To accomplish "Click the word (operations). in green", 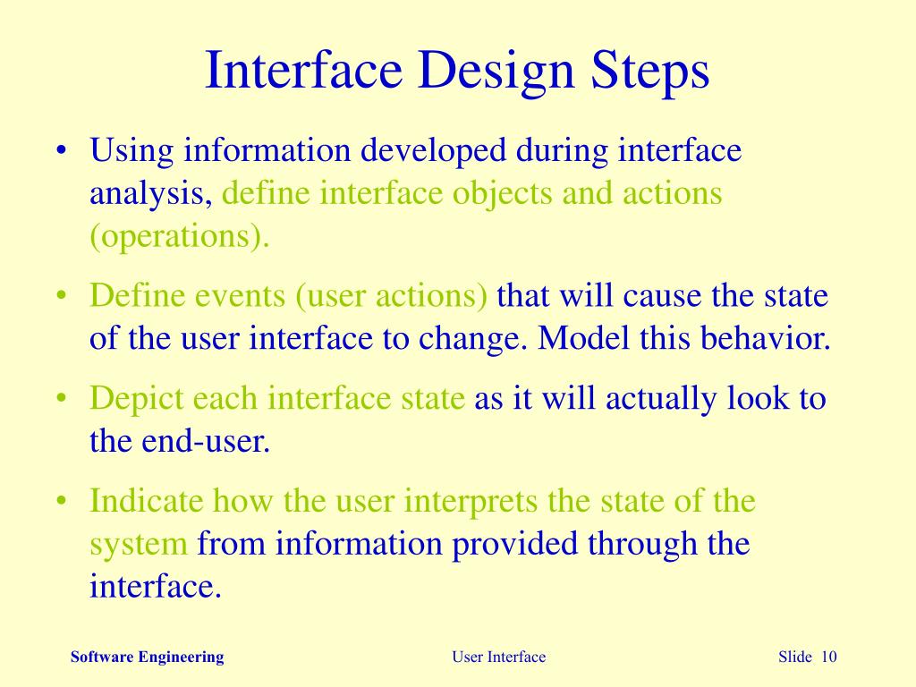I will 179,237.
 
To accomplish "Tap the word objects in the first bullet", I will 503,193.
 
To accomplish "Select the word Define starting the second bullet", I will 134,295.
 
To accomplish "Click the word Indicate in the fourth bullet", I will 147,499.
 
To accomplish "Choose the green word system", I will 139,544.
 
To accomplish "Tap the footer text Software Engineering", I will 148,657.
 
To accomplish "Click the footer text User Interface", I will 498,657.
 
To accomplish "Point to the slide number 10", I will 827,657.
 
